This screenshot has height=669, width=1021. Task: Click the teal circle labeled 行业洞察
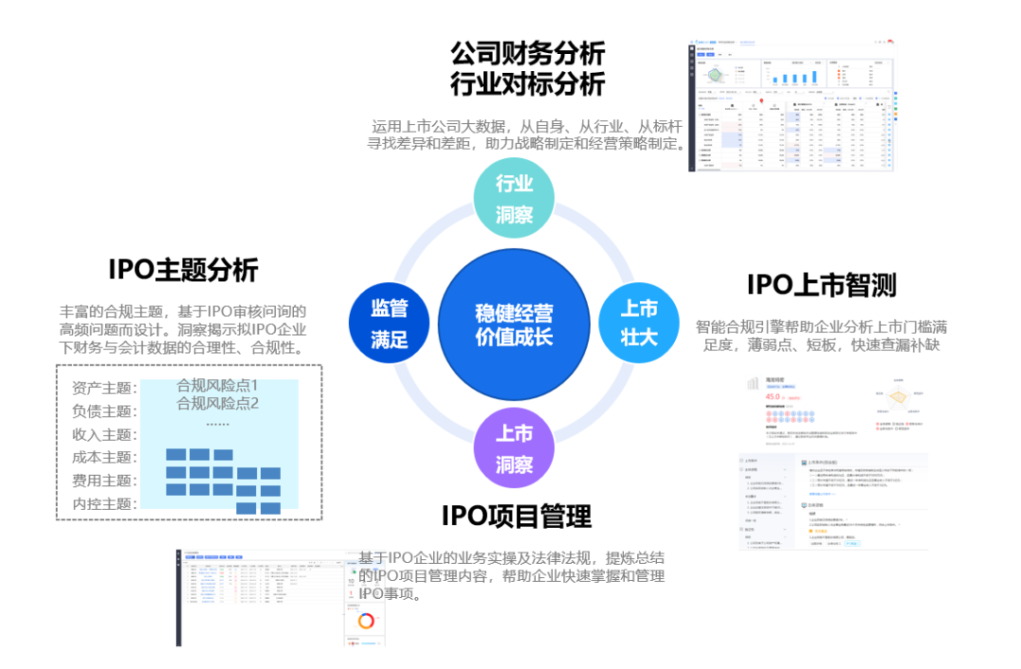(514, 199)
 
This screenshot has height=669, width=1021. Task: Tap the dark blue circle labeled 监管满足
(389, 323)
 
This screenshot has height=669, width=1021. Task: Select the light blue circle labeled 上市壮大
(639, 323)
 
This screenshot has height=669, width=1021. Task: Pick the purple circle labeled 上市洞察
(514, 449)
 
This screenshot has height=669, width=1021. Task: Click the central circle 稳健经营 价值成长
(514, 324)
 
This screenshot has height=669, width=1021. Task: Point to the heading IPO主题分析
(183, 271)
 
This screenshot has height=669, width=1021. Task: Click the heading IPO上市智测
(822, 285)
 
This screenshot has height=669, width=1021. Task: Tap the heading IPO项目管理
(516, 516)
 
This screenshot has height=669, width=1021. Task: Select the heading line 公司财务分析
(528, 53)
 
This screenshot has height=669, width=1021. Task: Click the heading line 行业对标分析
(528, 84)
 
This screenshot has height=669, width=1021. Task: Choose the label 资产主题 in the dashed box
(104, 388)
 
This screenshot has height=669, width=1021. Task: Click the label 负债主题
(104, 412)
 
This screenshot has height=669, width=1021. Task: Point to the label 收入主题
(104, 434)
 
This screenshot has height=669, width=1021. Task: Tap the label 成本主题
(104, 457)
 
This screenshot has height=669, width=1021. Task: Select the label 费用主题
(104, 481)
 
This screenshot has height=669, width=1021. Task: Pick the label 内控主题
(104, 503)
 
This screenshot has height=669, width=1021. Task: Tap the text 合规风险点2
(217, 404)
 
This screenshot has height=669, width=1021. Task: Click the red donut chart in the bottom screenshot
(366, 621)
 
